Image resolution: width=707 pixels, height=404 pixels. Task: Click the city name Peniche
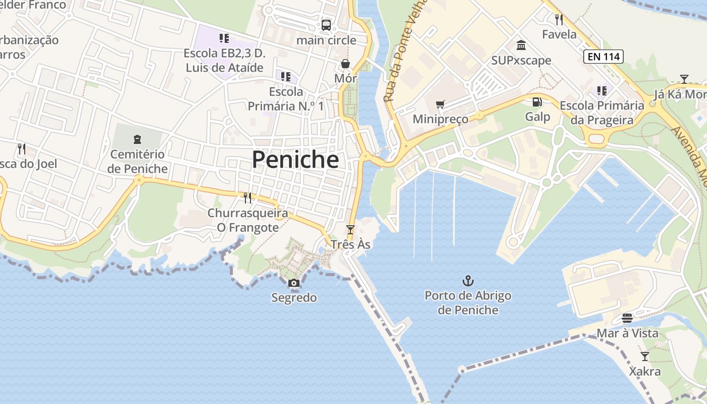[x=295, y=160]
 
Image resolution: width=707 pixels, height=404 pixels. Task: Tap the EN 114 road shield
[x=603, y=57]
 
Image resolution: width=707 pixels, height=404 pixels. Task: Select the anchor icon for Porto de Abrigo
[x=468, y=280]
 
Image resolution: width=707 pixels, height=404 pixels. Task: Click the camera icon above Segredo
[x=294, y=283]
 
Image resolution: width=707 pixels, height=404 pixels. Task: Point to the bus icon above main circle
[x=326, y=25]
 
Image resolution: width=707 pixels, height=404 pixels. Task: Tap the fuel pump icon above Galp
[x=537, y=102]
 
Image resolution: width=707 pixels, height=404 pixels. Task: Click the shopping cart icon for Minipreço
[x=440, y=104]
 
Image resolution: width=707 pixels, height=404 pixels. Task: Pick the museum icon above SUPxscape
[x=521, y=46]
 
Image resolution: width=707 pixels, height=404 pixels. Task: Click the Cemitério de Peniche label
[x=137, y=162]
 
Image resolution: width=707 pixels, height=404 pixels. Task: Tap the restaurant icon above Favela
[x=559, y=20]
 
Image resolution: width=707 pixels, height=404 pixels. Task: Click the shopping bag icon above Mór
[x=345, y=64]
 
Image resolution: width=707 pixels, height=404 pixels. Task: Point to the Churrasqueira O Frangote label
[x=248, y=220]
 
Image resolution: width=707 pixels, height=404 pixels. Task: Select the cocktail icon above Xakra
[x=645, y=357]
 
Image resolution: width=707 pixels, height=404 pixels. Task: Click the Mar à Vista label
[x=627, y=333]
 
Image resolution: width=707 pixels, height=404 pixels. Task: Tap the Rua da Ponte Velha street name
[x=406, y=50]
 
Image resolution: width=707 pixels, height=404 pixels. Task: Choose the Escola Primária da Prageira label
[x=602, y=113]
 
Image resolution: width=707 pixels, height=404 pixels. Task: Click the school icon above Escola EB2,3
[x=224, y=38]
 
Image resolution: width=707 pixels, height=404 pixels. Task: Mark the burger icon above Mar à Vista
[x=627, y=318]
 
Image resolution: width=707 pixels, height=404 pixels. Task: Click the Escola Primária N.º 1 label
[x=286, y=99]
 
